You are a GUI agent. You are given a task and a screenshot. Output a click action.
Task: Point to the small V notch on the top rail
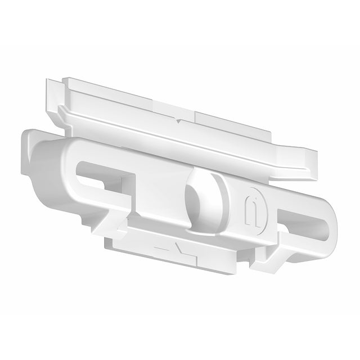pyautogui.click(x=178, y=120)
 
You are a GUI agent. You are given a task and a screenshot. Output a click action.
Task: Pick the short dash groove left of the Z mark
pyautogui.click(x=160, y=247)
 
